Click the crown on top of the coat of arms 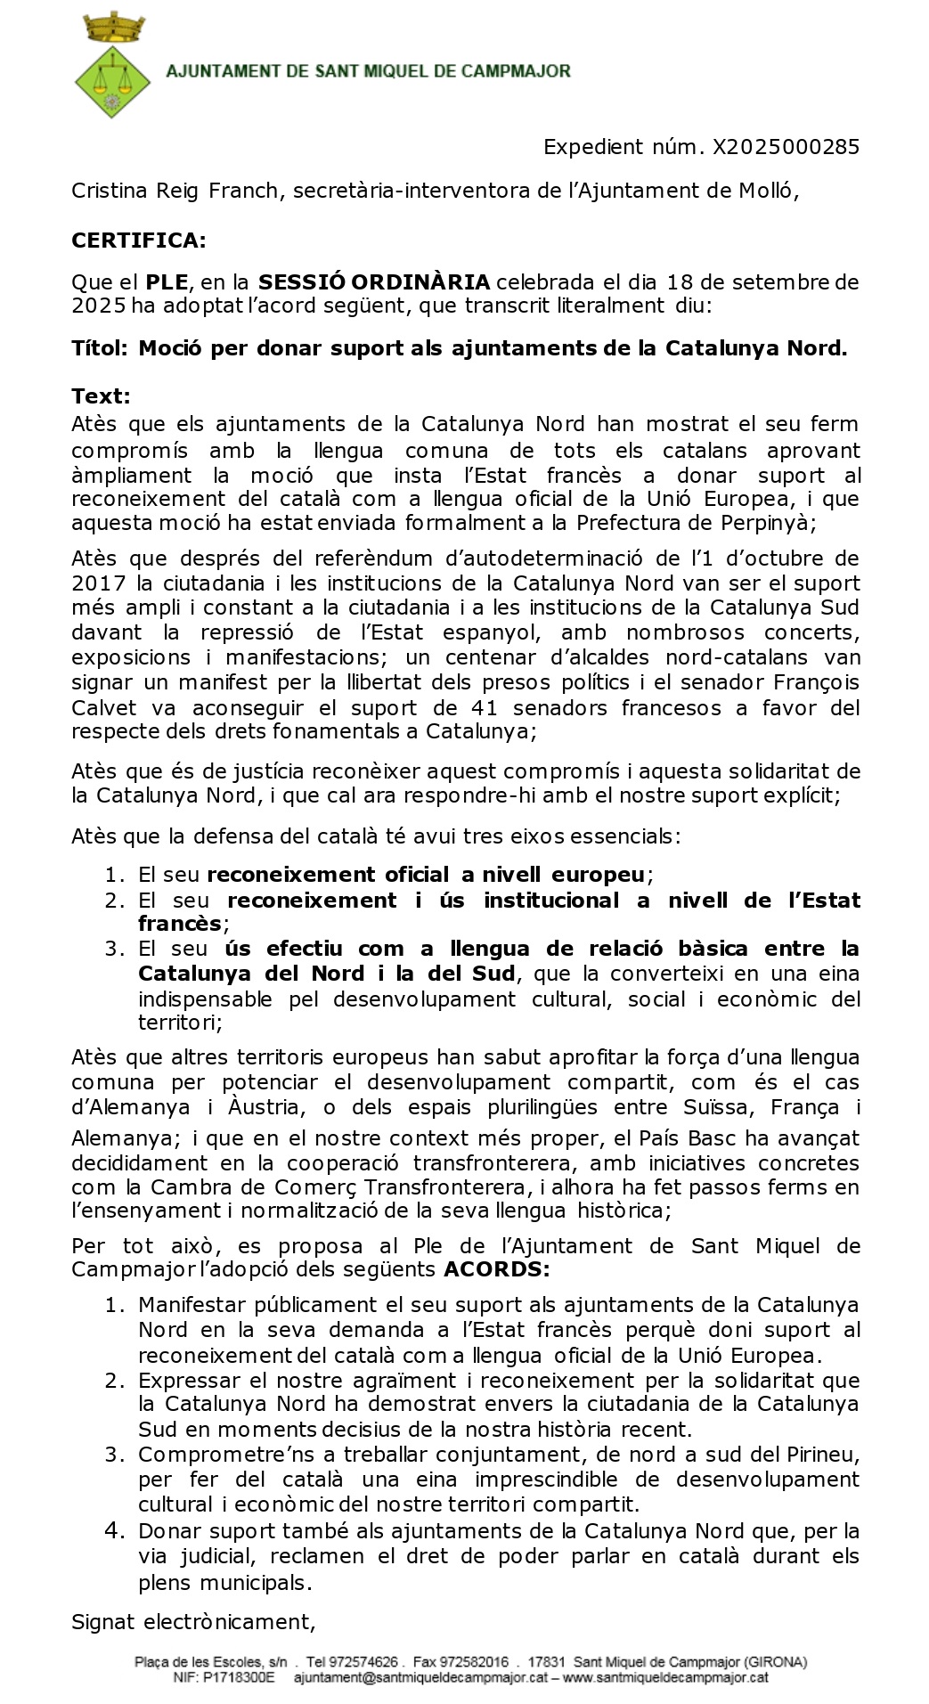point(112,28)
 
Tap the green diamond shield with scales point(112,85)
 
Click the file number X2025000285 point(786,147)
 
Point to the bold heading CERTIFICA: point(139,241)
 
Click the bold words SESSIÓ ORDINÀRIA point(374,283)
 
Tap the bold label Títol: point(100,348)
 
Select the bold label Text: point(101,396)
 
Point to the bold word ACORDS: point(497,1269)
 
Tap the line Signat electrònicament point(193,1622)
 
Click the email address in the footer point(420,1678)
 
